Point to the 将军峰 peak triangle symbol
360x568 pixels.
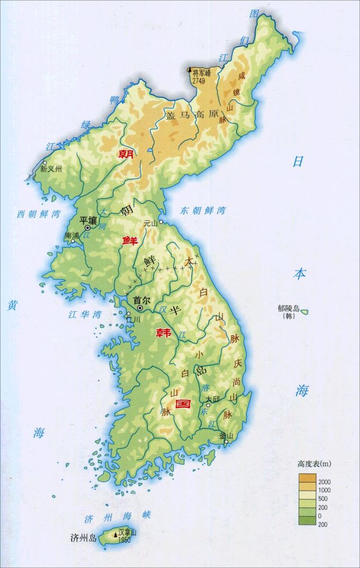189,70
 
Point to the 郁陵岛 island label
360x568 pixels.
289,308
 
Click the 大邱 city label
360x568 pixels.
212,399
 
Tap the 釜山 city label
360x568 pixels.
226,435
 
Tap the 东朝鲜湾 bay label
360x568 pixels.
203,211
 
